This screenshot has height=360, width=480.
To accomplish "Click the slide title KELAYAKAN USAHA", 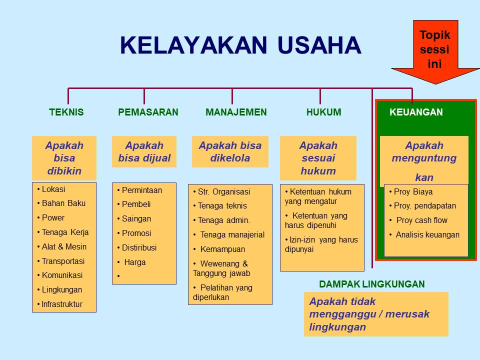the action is [x=240, y=46].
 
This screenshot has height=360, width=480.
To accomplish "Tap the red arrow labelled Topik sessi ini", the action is [x=435, y=50].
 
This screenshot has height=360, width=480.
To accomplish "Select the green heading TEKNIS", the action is [x=66, y=112].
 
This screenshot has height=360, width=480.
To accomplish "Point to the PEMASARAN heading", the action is [x=148, y=112].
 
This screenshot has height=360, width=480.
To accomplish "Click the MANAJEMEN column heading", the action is [x=236, y=112].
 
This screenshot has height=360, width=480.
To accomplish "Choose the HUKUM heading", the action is [x=323, y=112].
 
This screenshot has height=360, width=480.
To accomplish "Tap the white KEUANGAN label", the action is [x=416, y=112].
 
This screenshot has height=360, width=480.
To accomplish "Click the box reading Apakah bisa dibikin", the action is [x=64, y=158].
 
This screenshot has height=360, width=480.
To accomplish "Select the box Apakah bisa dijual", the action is [x=144, y=152].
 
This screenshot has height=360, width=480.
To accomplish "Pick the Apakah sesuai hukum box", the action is [x=318, y=158].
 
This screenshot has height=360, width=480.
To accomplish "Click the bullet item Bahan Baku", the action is [x=63, y=203].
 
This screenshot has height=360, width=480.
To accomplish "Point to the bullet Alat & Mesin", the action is [x=64, y=246].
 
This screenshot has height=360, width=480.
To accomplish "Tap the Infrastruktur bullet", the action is [x=62, y=304].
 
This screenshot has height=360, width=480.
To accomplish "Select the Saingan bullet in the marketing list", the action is [x=136, y=218].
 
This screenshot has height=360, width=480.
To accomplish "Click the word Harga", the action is [x=135, y=262].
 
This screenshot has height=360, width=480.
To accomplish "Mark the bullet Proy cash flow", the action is [x=421, y=220].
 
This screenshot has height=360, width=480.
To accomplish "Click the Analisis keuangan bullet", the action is [x=427, y=234].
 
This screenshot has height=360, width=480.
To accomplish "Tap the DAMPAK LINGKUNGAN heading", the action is [x=372, y=284].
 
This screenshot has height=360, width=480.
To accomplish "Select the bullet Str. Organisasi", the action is [x=223, y=191].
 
